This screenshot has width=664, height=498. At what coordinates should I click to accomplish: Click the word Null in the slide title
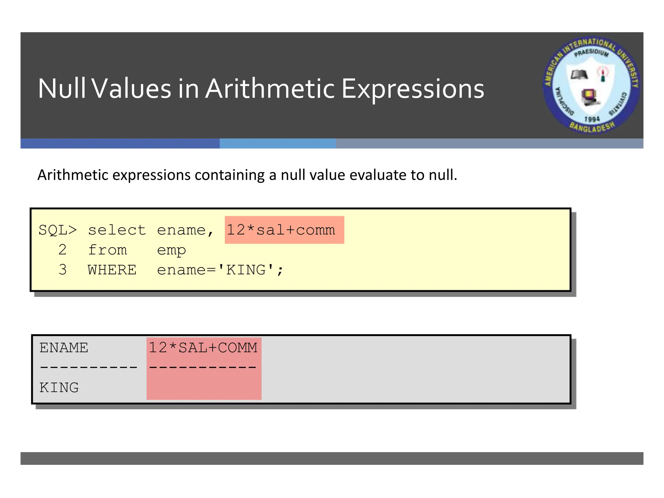(62, 89)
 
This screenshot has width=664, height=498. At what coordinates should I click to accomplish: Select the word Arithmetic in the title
(270, 89)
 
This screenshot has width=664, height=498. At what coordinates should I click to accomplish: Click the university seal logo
(592, 85)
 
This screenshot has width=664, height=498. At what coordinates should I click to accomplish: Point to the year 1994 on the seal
(592, 119)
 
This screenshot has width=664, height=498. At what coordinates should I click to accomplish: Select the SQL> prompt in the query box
(58, 230)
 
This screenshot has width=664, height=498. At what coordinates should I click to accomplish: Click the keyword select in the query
(117, 230)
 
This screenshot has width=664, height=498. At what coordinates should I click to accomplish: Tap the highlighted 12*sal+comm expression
(281, 230)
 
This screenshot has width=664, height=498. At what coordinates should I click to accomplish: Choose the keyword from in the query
(107, 250)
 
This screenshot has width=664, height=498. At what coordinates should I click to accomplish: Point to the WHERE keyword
(112, 270)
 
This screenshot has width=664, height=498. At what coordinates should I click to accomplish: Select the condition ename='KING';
(220, 270)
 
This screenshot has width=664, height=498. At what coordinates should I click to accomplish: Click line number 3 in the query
(63, 270)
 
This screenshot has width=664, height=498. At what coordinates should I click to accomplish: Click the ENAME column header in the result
(64, 348)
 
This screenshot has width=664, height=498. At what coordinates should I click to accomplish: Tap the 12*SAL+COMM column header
(203, 348)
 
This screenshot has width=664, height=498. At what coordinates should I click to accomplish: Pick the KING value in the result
(59, 388)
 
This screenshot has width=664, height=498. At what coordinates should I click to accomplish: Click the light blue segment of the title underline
(278, 144)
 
